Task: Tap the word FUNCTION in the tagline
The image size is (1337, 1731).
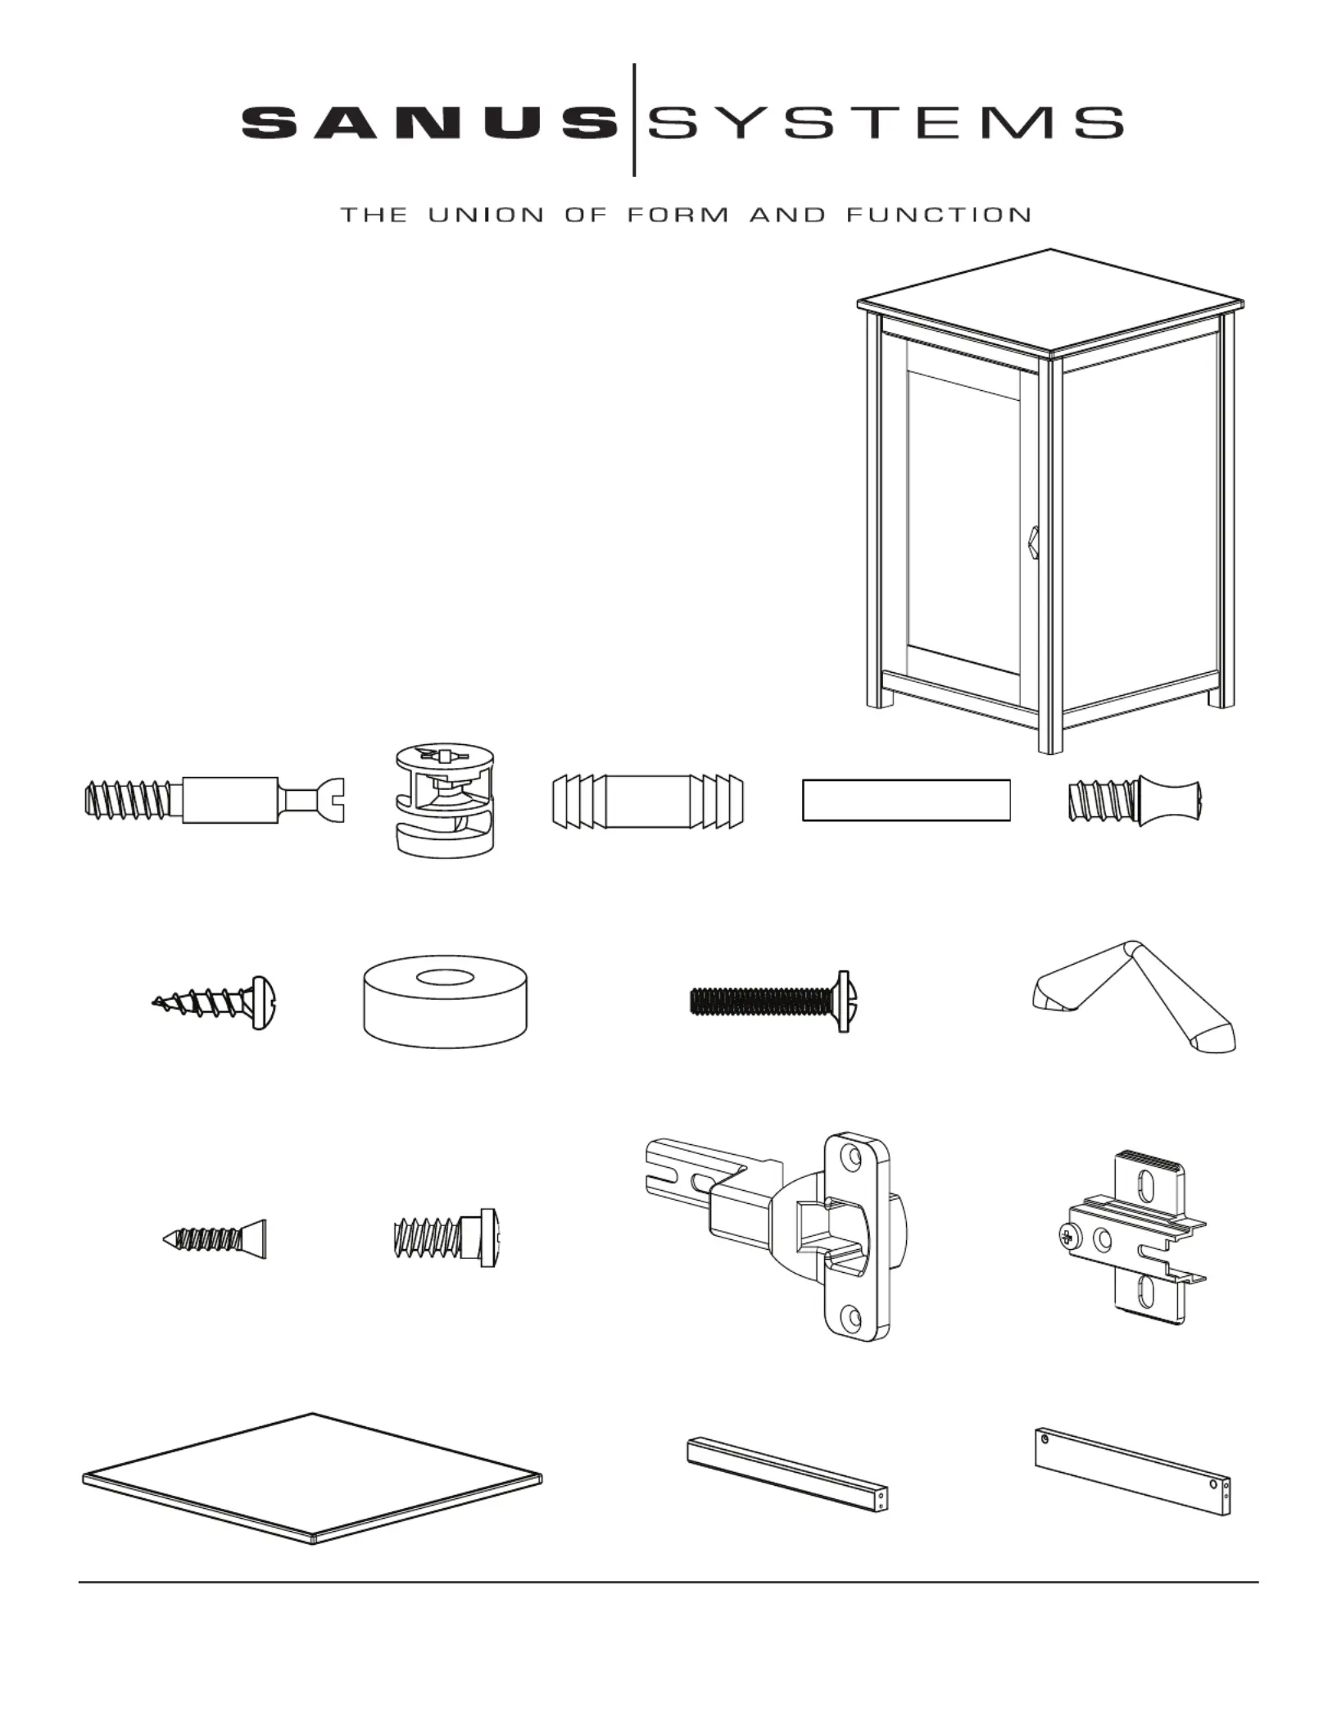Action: click(x=938, y=216)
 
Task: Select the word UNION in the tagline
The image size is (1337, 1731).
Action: click(x=486, y=216)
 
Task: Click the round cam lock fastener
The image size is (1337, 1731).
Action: click(x=445, y=800)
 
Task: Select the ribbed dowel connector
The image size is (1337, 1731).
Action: click(x=648, y=800)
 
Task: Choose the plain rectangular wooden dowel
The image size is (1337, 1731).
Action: click(x=905, y=800)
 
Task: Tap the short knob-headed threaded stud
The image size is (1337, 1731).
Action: click(x=1135, y=801)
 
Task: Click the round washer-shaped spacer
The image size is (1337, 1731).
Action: click(x=445, y=1004)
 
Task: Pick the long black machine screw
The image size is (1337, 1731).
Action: click(x=770, y=1002)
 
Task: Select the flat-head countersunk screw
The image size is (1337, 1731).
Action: click(x=215, y=1238)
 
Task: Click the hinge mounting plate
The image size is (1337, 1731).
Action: click(x=1131, y=1238)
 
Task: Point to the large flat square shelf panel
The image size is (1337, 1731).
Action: click(x=311, y=1479)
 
